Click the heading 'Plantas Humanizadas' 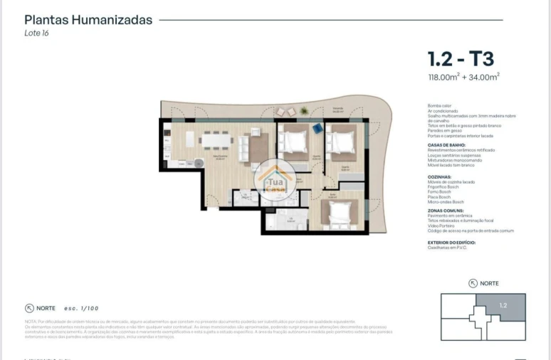[x=88, y=20]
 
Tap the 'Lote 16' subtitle [x=36, y=33]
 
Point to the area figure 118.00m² [x=444, y=78]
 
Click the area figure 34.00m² [x=483, y=78]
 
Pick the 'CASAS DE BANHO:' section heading [x=446, y=144]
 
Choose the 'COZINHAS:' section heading [x=439, y=176]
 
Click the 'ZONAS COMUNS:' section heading [x=445, y=211]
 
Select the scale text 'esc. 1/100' [x=80, y=308]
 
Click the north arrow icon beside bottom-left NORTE [x=29, y=308]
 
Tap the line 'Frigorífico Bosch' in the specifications [x=444, y=186]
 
